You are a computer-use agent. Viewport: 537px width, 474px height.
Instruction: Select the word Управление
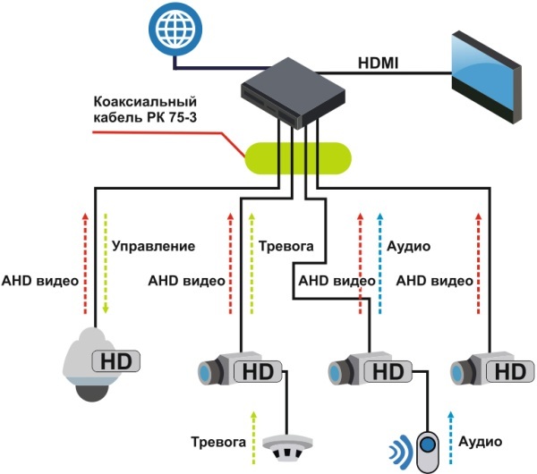point(153,244)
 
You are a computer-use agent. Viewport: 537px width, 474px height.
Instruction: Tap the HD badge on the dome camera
point(116,362)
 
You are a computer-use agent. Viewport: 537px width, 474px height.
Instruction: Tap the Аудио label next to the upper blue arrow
point(409,244)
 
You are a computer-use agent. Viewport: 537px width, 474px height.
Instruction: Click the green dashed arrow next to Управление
point(106,263)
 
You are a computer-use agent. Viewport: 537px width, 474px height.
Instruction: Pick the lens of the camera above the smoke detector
point(208,370)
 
